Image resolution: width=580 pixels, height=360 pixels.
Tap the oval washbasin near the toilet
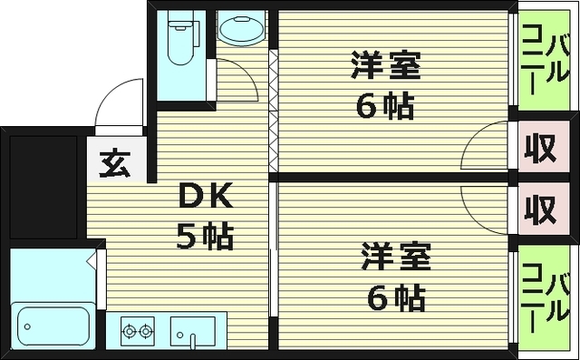click(241, 32)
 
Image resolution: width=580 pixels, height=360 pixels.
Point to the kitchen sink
click(192, 332)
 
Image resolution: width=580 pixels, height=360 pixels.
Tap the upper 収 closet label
click(542, 149)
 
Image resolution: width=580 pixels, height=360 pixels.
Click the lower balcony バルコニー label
click(546, 297)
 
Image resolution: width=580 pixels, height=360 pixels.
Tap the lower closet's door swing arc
click(485, 201)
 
